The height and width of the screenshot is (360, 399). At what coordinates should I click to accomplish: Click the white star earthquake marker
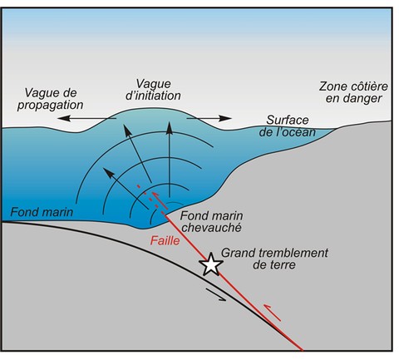[211, 264]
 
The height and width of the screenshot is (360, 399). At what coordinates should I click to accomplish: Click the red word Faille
[165, 240]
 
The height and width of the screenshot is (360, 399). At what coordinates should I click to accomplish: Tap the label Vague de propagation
[51, 99]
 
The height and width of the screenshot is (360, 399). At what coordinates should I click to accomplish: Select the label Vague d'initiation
[153, 90]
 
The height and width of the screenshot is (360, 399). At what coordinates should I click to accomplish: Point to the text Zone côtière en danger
[353, 92]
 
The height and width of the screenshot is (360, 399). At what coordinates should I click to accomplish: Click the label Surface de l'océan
[288, 126]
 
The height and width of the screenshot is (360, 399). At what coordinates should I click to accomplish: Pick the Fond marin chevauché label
[212, 221]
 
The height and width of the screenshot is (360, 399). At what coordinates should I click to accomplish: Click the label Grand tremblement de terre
[274, 259]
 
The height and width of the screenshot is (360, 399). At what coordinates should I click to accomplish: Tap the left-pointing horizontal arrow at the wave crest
[86, 119]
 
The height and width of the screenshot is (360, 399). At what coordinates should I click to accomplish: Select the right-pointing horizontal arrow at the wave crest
[209, 118]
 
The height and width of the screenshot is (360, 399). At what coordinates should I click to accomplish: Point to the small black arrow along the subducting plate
[216, 294]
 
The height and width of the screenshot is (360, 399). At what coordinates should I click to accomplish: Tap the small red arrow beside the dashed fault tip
[160, 200]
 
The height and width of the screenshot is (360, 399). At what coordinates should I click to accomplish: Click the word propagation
[51, 106]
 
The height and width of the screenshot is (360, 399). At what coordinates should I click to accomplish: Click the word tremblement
[293, 253]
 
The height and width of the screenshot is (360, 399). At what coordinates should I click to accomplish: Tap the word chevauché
[212, 228]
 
